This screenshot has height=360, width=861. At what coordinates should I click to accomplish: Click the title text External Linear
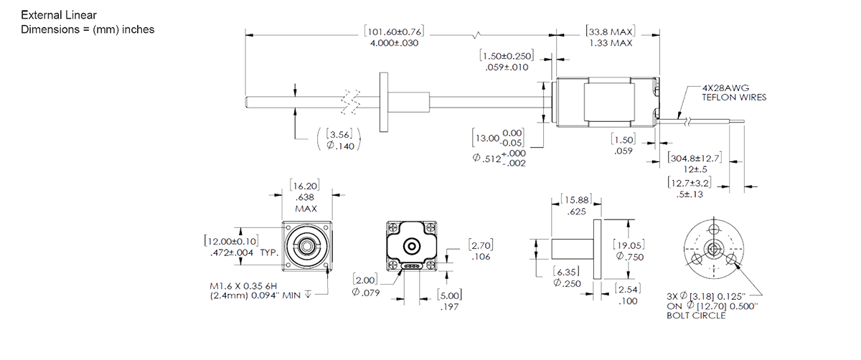pos(59,15)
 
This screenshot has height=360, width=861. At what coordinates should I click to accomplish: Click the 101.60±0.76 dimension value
pos(394,32)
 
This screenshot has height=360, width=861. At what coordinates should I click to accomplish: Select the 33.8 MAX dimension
pos(610,32)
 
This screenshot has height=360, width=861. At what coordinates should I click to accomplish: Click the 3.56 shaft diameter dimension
pos(338,133)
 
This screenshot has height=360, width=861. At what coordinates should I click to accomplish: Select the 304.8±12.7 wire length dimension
pos(695,158)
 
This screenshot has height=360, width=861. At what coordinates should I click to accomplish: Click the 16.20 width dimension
pos(306,186)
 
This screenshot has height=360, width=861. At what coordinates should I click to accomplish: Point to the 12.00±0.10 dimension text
pos(231,241)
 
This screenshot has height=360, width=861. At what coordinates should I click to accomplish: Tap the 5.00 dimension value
pos(449,295)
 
